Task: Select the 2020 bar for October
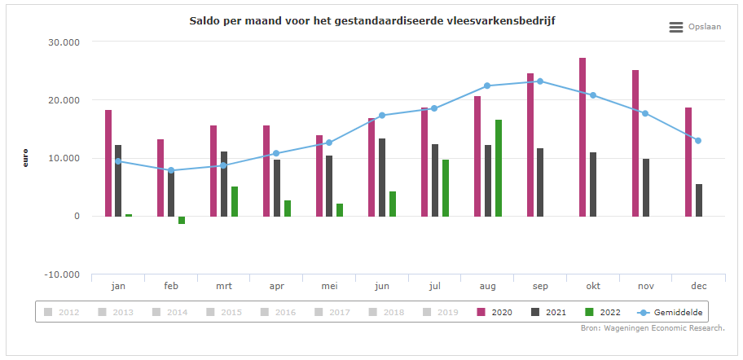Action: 583,137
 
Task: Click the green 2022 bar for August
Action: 499,168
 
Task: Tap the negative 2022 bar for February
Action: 182,220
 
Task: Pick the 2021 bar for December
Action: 699,200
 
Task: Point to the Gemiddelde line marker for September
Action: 540,81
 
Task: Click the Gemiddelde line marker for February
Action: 171,170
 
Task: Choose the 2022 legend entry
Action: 603,312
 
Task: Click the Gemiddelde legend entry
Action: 670,312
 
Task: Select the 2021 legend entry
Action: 549,312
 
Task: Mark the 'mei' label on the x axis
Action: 329,286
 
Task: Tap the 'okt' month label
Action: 593,286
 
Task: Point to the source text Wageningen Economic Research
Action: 653,328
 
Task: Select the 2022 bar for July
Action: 446,187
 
